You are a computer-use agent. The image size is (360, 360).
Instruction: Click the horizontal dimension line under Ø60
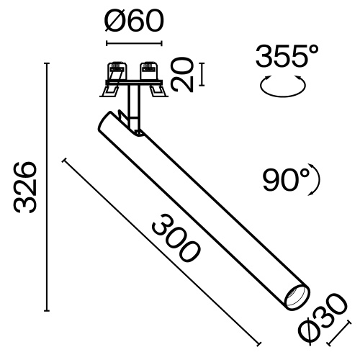coord(134,44)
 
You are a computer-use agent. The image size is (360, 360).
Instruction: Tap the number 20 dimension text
coord(185,76)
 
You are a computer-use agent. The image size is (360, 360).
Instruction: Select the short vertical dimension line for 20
coord(202,76)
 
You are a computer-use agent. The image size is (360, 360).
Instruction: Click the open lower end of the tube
coord(295,297)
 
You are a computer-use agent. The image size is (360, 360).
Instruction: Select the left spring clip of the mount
coord(114,78)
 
